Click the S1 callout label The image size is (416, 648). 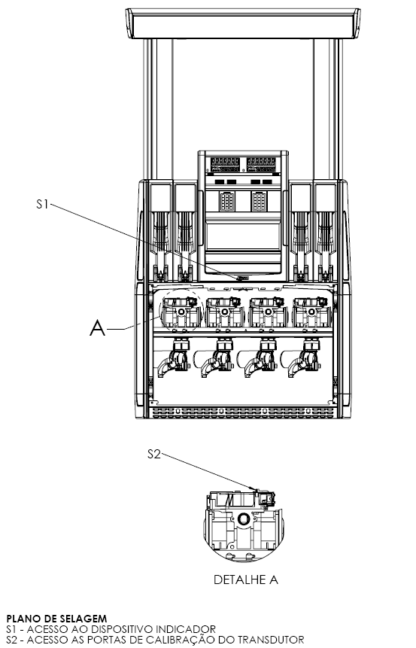click(43, 204)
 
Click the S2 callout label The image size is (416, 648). click(153, 454)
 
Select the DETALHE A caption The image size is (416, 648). click(246, 580)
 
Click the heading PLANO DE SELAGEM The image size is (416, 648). click(56, 619)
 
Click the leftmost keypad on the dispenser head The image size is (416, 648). click(227, 201)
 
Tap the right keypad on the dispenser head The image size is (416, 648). click(259, 201)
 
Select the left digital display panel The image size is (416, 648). click(225, 165)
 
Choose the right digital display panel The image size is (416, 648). click(261, 165)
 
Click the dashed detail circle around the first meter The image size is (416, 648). click(181, 289)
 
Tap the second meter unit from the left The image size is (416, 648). click(224, 312)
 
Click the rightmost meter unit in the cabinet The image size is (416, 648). click(311, 312)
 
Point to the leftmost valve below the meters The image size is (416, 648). click(175, 358)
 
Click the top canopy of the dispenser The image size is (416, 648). click(243, 23)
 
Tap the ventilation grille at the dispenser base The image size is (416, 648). click(243, 412)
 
